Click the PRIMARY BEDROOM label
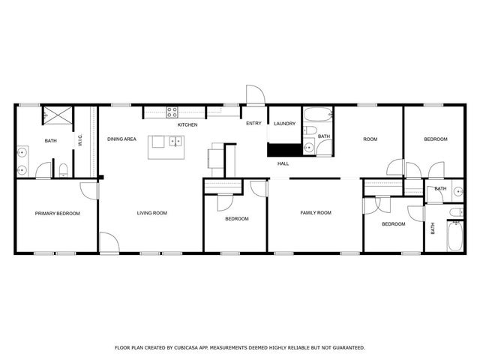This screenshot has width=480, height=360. tap(57, 213)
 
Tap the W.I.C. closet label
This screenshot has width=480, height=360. tap(79, 140)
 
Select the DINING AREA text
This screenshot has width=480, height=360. tap(121, 139)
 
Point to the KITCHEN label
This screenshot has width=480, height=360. tap(187, 124)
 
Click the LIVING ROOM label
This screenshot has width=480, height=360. tap(151, 213)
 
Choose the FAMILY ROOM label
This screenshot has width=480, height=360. tap(316, 213)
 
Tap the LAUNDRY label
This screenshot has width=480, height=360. tap(284, 124)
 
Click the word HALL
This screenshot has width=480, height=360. tap(283, 163)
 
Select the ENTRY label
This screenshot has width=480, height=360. tap(254, 124)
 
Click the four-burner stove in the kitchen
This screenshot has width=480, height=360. tap(172, 113)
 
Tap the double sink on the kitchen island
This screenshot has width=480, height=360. tap(175, 141)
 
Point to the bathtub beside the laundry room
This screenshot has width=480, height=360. tap(319, 115)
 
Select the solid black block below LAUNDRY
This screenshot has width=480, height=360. tap(284, 149)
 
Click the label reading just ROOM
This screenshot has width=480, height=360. tap(370, 139)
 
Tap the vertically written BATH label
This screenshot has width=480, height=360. tap(433, 229)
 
